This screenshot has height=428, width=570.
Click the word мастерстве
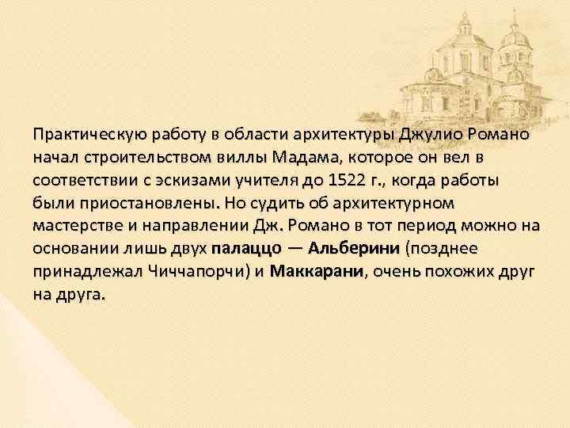coord(75,225)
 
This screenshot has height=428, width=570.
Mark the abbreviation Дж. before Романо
coord(286,225)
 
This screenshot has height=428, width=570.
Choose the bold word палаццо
coord(245,248)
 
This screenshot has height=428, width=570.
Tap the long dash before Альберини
coord(294,248)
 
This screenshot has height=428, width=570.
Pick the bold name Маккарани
coord(316,271)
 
